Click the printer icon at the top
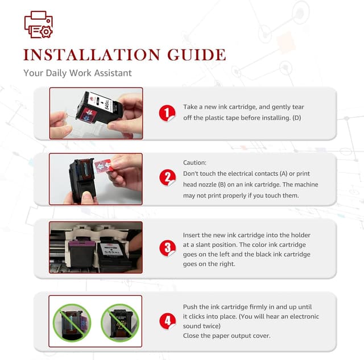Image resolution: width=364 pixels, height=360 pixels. (39, 24)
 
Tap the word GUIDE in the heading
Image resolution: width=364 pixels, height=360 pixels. (197, 55)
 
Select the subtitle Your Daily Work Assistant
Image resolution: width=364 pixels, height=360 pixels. (77, 73)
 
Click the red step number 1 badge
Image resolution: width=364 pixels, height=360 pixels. (167, 113)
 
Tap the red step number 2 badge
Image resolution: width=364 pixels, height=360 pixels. (167, 177)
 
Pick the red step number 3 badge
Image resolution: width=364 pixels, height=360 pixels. (167, 248)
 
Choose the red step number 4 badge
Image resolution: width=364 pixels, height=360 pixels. (167, 321)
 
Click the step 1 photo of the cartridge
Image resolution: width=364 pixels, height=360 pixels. (96, 113)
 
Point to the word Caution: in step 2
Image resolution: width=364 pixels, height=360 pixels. (195, 163)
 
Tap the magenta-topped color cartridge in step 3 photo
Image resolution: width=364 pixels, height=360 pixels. (82, 255)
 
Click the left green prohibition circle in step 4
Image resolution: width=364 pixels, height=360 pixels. (72, 322)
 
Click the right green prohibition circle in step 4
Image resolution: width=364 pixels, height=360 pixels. (120, 322)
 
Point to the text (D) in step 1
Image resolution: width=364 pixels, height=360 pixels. (297, 118)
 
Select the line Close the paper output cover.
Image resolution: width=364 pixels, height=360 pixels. (226, 336)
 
